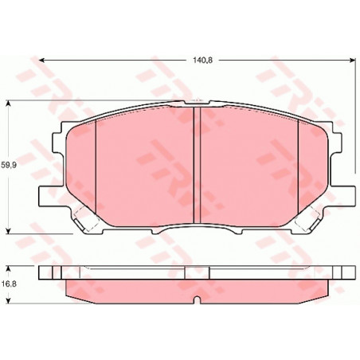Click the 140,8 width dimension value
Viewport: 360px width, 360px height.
pos(202,61)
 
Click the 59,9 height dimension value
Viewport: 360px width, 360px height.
pos(9,165)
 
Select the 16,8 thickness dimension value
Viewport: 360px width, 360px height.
pos(9,284)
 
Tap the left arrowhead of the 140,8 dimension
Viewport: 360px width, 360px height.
pos(41,61)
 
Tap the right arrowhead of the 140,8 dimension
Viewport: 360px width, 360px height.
pos(353,61)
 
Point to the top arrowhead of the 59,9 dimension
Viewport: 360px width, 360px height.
pos(9,103)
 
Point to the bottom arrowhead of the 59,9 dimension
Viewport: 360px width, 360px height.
pos(9,231)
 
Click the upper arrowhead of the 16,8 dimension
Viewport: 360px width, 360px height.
pos(9,268)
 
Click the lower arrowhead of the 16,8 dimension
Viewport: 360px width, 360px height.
pos(9,301)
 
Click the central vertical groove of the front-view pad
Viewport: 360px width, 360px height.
pos(197,165)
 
